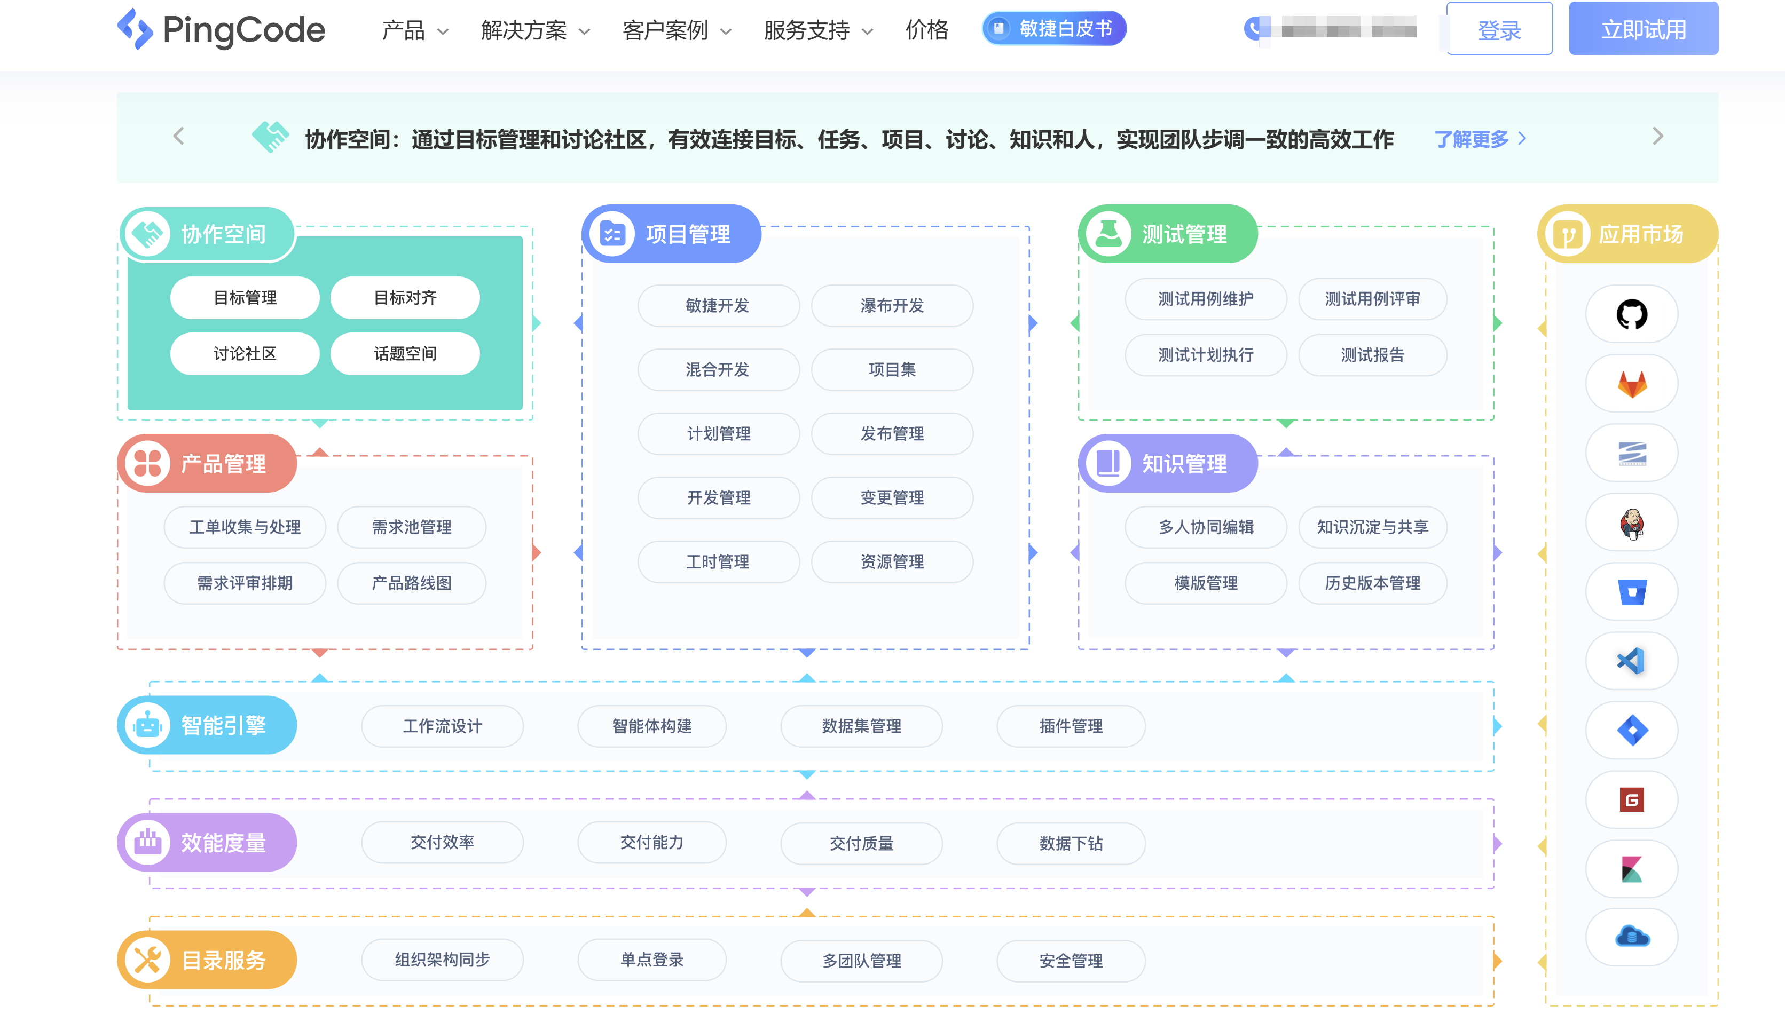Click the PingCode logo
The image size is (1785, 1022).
[x=221, y=29]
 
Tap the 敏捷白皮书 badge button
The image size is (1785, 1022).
[x=1053, y=29]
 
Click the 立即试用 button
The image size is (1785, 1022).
[x=1642, y=29]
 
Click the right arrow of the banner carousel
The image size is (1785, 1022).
[x=1657, y=136]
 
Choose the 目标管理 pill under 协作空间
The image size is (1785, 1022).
[x=245, y=298]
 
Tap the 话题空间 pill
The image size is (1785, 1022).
[x=405, y=354]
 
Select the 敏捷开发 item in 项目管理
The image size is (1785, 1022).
[x=718, y=305]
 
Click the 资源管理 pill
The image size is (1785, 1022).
[x=892, y=561]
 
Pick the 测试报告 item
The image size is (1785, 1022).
[x=1372, y=355]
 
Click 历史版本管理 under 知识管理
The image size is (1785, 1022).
[x=1372, y=583]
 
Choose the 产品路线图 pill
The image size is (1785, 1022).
[x=412, y=583]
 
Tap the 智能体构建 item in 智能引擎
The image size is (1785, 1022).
[x=651, y=726]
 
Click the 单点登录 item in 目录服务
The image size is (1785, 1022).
[x=651, y=960]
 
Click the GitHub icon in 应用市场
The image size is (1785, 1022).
[x=1631, y=314]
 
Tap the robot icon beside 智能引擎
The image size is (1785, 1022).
[x=147, y=725]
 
